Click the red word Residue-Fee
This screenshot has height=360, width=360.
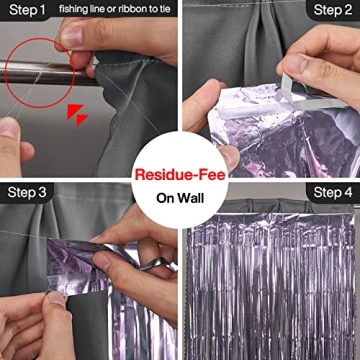tap(180, 174)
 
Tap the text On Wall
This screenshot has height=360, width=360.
tap(180, 197)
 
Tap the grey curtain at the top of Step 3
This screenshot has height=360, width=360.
tap(90, 215)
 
